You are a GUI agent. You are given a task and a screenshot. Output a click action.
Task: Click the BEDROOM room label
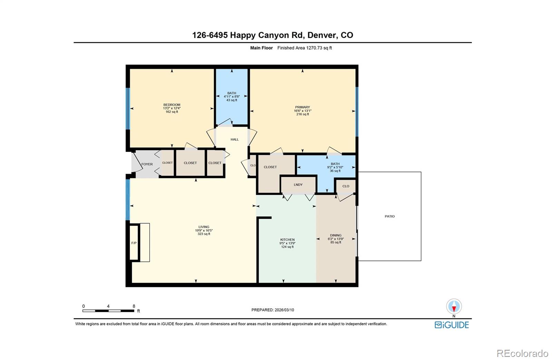pyautogui.click(x=172, y=105)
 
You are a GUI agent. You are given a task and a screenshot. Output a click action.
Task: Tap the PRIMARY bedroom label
pyautogui.click(x=302, y=107)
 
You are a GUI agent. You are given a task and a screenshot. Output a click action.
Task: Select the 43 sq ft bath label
pyautogui.click(x=231, y=97)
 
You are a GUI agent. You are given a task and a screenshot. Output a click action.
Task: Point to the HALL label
pyautogui.click(x=235, y=140)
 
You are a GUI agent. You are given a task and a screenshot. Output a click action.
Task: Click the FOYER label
pyautogui.click(x=147, y=164)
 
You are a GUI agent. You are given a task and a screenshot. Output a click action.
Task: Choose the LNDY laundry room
pyautogui.click(x=298, y=185)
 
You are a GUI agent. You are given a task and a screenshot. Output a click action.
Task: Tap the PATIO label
pyautogui.click(x=390, y=217)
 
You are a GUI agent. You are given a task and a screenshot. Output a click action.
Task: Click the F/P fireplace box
pyautogui.click(x=134, y=243)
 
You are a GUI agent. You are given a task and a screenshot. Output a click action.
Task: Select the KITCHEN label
pyautogui.click(x=287, y=240)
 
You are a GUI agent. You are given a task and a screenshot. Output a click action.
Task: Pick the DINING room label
pyautogui.click(x=336, y=236)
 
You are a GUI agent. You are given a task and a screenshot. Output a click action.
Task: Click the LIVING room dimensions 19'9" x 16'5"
pyautogui.click(x=204, y=230)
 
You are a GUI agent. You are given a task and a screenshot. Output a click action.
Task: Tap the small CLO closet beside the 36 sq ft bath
pyautogui.click(x=346, y=186)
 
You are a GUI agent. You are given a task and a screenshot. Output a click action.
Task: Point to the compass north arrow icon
pyautogui.click(x=454, y=307)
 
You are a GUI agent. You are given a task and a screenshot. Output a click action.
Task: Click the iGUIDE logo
pyautogui.click(x=452, y=325)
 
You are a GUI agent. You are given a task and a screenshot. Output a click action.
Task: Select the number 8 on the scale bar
pyautogui.click(x=134, y=306)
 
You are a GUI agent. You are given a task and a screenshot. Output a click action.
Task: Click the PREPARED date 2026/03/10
pyautogui.click(x=273, y=310)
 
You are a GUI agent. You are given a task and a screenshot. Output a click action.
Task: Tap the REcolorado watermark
pyautogui.click(x=522, y=353)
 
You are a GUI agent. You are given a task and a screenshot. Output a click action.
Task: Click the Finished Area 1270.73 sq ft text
pyautogui.click(x=305, y=48)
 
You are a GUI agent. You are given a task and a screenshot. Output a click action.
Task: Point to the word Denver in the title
pyautogui.click(x=322, y=35)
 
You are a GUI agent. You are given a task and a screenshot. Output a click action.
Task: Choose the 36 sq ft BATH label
pyautogui.click(x=335, y=164)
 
